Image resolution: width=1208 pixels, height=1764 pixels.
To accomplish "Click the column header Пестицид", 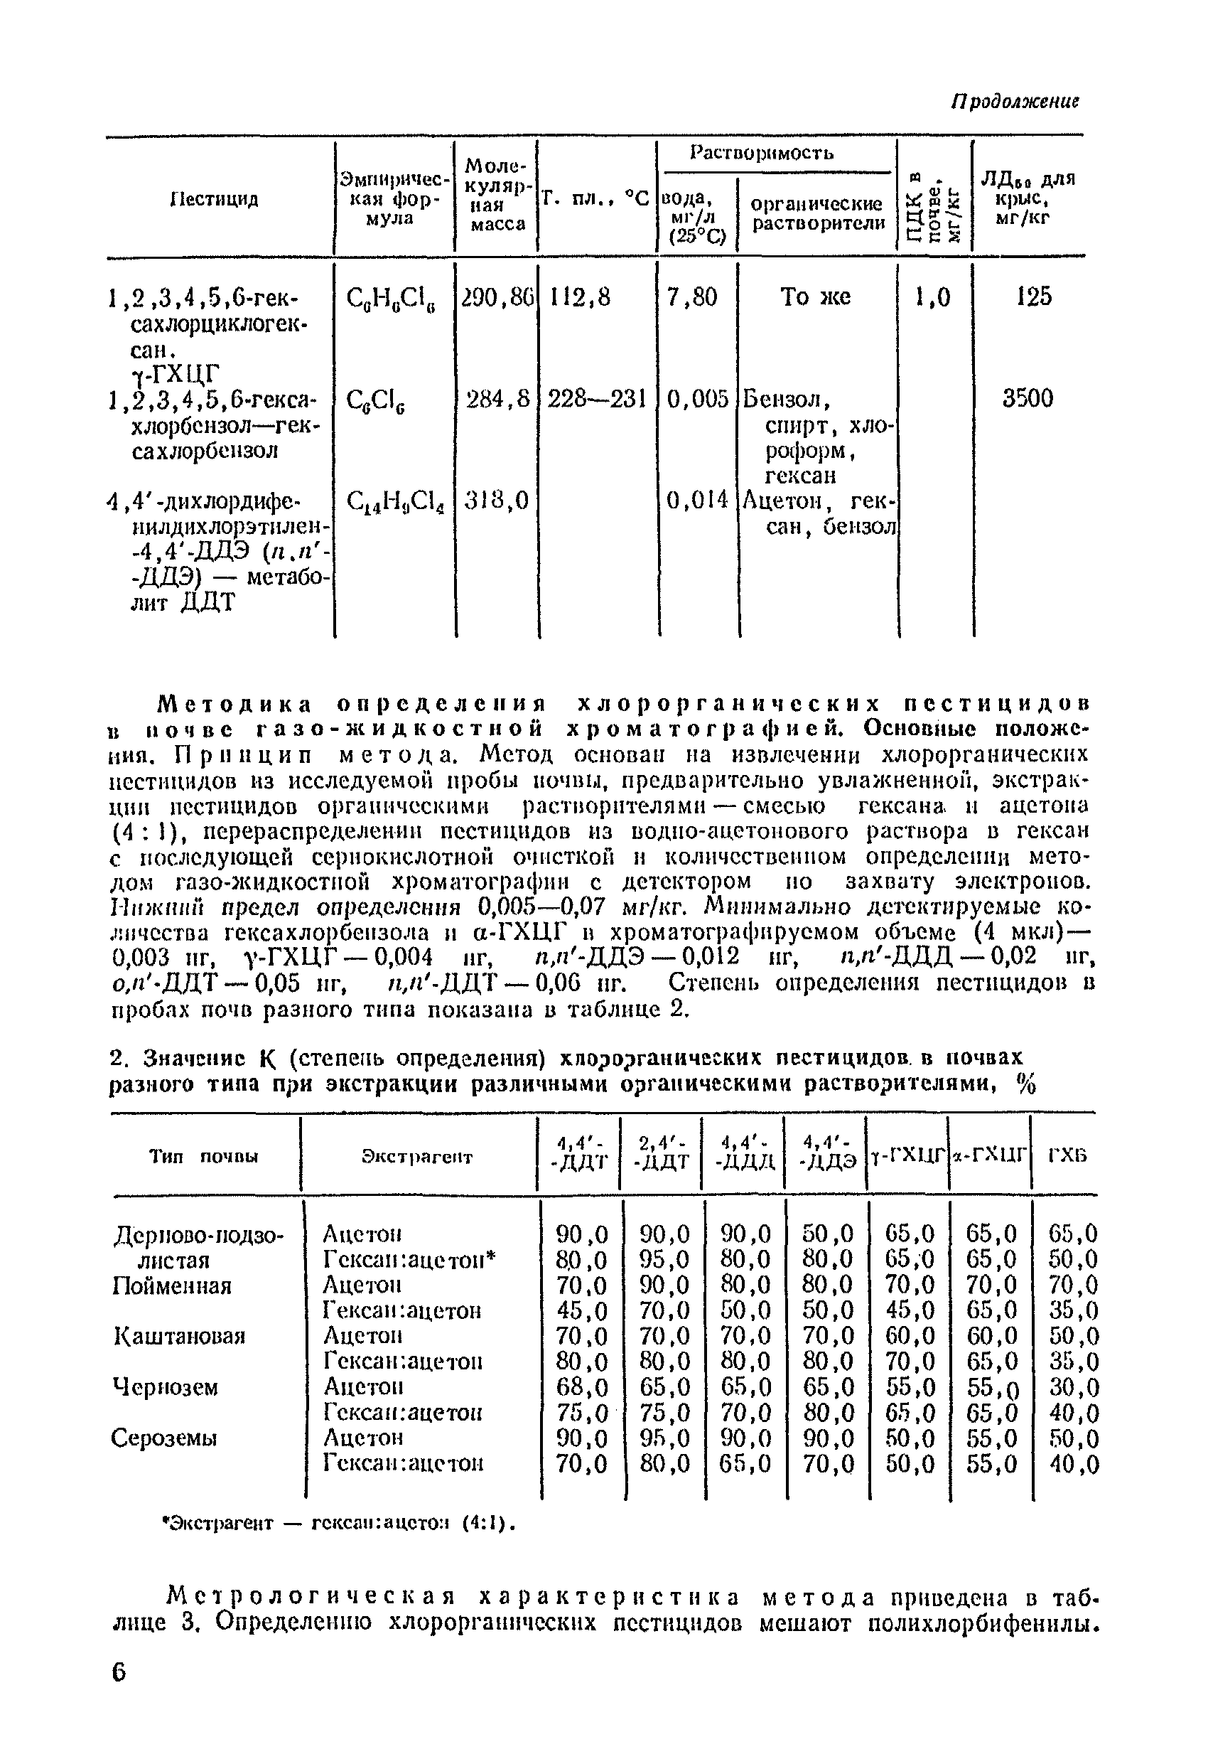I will coord(215,199).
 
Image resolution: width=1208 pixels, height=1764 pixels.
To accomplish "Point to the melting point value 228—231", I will coord(595,397).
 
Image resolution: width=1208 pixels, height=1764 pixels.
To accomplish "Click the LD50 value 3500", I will coord(1028,397).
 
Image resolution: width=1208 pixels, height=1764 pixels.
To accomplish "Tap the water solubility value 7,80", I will coord(691,296).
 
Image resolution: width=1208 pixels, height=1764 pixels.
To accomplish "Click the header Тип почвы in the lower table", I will coord(203,1157).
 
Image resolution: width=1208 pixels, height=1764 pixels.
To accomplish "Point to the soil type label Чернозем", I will coord(166,1386).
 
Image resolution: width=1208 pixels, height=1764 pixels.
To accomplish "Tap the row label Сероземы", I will coord(164,1438).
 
